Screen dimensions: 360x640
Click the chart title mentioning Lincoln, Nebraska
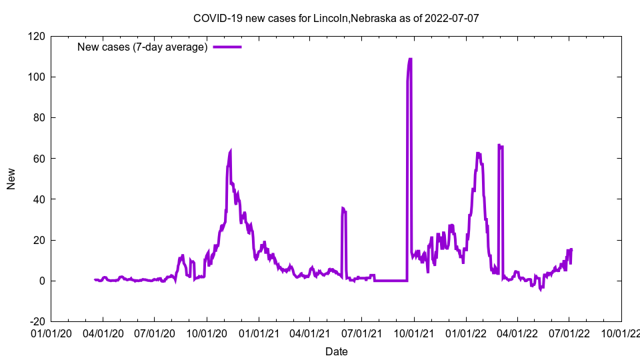click(336, 18)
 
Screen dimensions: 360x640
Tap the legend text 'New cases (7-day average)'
click(143, 47)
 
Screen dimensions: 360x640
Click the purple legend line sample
click(227, 47)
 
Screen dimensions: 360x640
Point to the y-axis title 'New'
click(11, 179)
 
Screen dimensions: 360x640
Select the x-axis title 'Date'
click(336, 351)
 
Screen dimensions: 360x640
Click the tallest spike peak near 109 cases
click(410, 59)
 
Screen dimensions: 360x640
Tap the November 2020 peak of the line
click(230, 151)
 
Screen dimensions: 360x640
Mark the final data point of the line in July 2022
click(571, 249)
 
